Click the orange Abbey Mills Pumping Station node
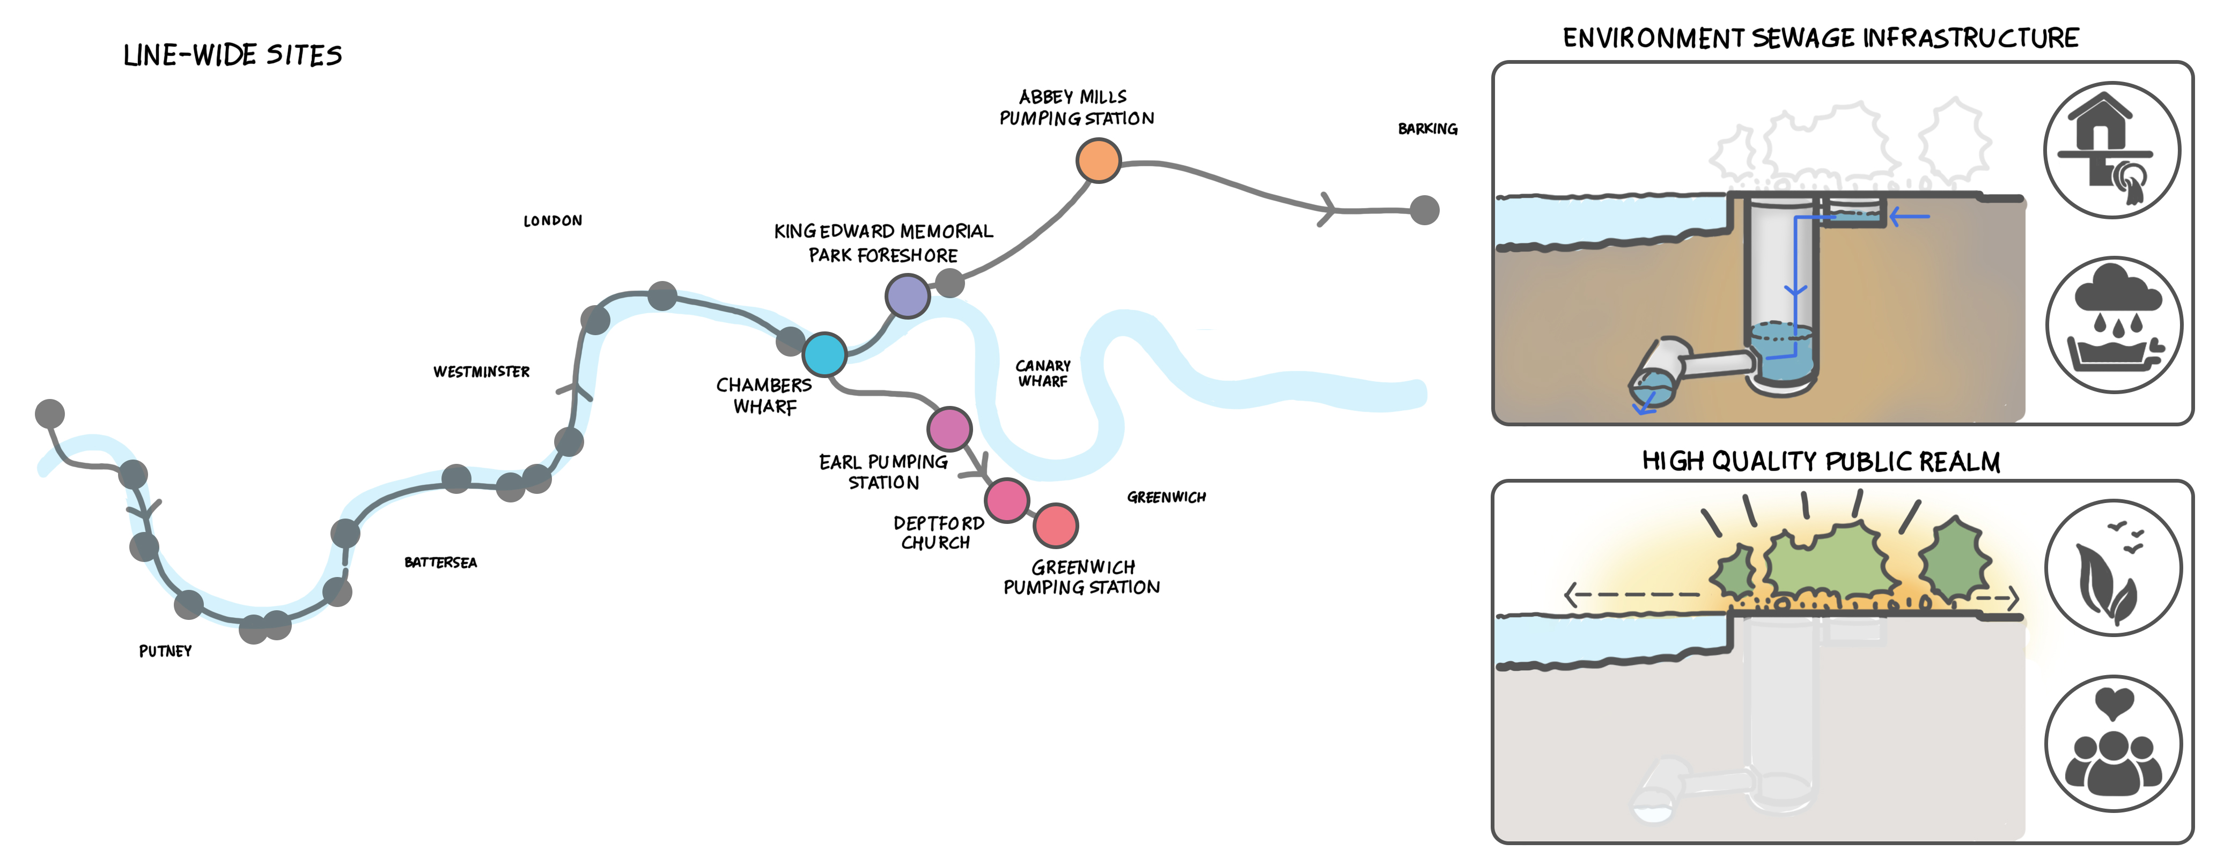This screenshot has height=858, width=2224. coord(1098,160)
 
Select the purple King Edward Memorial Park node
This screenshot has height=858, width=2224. coord(908,296)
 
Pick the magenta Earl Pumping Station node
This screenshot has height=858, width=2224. coord(949,428)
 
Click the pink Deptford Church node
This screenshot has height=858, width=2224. coord(1007,500)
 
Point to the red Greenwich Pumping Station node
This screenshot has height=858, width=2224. coord(1055,525)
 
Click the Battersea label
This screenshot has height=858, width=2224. coord(440,563)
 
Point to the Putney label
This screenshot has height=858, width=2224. coord(165,651)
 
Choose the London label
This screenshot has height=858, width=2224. coord(553,221)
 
